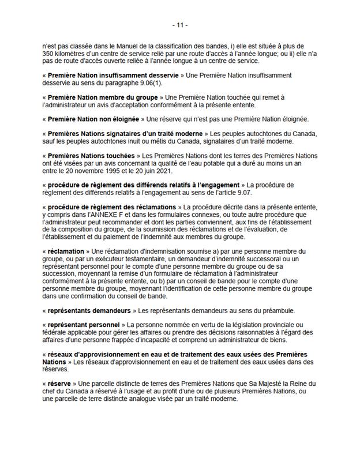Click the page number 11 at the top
point(180,25)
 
